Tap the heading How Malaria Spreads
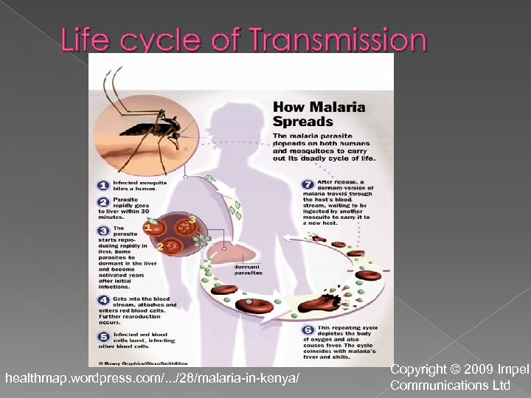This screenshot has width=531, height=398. click(x=319, y=114)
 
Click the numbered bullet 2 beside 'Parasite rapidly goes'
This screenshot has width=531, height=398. click(x=105, y=202)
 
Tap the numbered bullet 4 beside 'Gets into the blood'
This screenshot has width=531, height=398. click(x=105, y=301)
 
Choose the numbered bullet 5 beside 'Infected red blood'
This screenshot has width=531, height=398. click(x=105, y=338)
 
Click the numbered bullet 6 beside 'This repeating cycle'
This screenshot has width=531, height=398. click(x=308, y=329)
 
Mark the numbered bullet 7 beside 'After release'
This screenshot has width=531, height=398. click(x=308, y=184)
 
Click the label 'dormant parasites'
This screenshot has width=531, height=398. click(x=249, y=270)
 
